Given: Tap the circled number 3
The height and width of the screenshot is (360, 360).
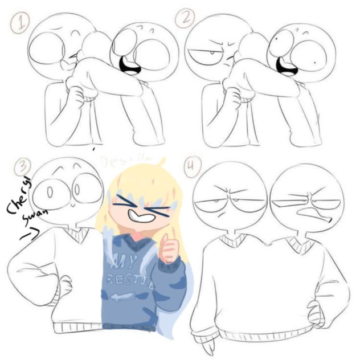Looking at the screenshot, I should [22, 167].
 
